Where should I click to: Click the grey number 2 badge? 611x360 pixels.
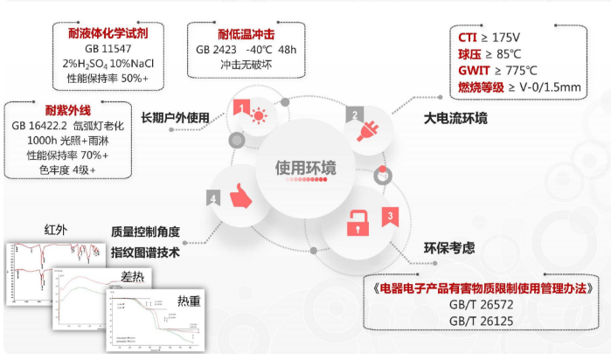354,114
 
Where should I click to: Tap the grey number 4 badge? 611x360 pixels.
213,197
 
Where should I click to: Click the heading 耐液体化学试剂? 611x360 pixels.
107,32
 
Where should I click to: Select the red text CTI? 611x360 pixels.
468,38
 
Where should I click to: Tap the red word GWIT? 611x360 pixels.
476,70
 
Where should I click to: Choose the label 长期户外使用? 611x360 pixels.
176,116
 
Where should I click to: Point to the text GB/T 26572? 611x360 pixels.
484,303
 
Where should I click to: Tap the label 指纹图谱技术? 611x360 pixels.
145,253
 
